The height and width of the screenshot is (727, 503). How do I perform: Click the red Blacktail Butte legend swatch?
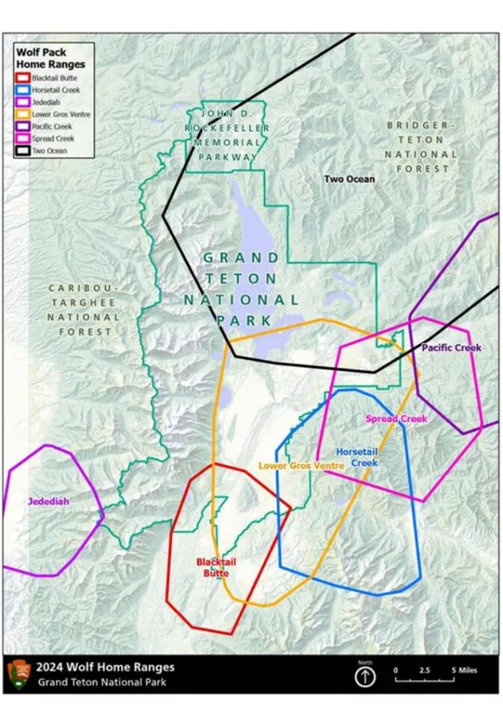[x=23, y=78]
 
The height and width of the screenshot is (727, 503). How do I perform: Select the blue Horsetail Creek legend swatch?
[x=23, y=90]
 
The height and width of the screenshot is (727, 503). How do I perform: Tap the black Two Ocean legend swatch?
[x=23, y=150]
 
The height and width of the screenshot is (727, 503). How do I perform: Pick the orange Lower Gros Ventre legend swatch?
[x=23, y=114]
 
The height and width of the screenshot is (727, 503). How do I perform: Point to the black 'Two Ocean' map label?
[x=349, y=179]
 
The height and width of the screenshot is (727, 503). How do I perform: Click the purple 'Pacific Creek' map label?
[x=451, y=348]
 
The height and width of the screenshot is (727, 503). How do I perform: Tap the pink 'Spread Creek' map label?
[x=396, y=419]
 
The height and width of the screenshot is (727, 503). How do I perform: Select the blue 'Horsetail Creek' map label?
[x=357, y=457]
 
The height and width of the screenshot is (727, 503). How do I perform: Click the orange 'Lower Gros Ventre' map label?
[x=301, y=465]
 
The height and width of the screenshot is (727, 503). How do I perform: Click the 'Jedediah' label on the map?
[x=49, y=502]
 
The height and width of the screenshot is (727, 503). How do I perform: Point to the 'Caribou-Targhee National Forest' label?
[x=83, y=310]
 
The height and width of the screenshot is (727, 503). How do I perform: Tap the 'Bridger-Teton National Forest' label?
[x=420, y=146]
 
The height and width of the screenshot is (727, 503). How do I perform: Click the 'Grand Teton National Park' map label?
[x=241, y=288]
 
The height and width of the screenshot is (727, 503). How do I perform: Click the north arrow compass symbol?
[x=365, y=676]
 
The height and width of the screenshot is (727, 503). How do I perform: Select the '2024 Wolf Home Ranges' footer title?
[x=106, y=667]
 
